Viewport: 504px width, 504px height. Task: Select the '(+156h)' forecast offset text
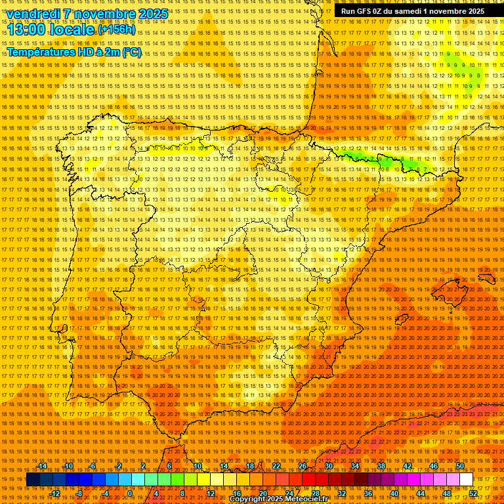click(x=117, y=30)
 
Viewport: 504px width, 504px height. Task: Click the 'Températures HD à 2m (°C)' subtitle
click(x=73, y=52)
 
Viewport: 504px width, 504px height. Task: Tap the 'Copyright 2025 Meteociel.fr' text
click(x=278, y=499)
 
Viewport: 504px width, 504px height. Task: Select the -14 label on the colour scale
click(x=43, y=466)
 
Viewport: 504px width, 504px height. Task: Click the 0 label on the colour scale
click(x=130, y=493)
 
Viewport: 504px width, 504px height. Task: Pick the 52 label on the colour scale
click(x=473, y=493)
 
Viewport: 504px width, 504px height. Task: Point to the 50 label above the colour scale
click(x=460, y=466)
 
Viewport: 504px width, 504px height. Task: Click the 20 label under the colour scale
click(x=262, y=493)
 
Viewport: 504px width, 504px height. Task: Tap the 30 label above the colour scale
click(x=328, y=466)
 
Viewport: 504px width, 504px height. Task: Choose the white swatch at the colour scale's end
click(x=467, y=480)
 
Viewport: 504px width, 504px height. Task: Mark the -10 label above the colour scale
click(x=68, y=466)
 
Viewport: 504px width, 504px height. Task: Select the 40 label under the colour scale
click(x=394, y=493)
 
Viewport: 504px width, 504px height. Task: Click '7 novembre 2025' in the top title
click(x=115, y=14)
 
